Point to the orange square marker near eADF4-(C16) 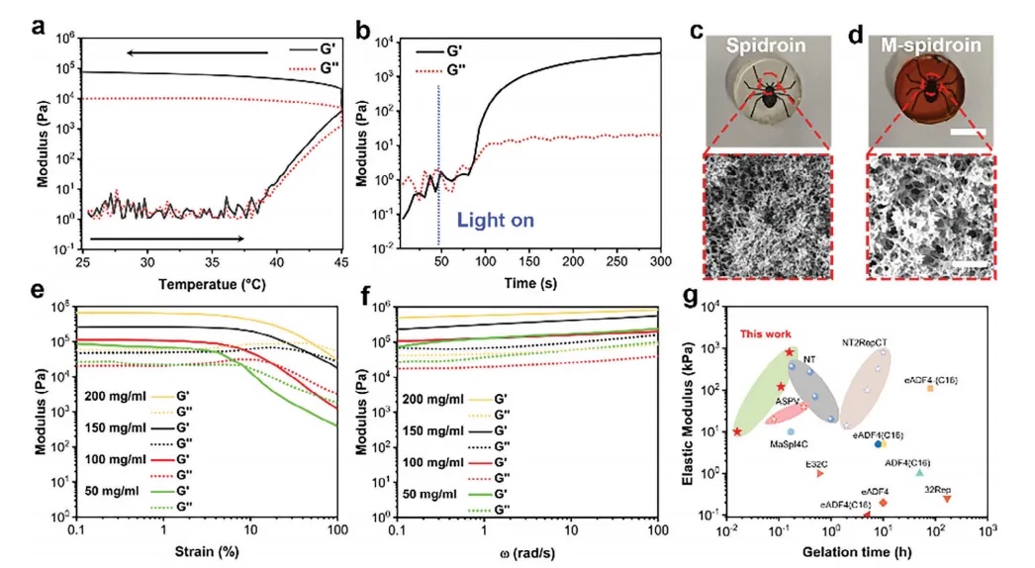point(930,388)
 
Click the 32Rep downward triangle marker point(947,499)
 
